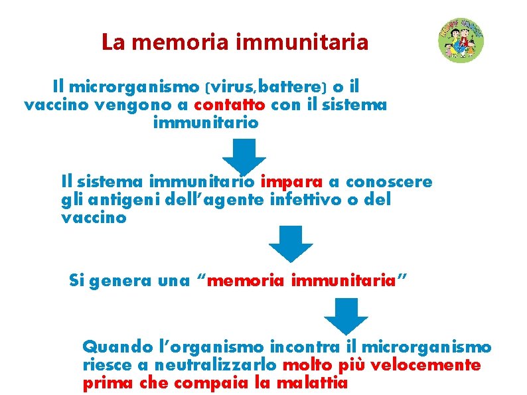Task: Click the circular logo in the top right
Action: coord(461,40)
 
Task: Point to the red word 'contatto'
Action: coord(230,105)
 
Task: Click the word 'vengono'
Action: coord(151,105)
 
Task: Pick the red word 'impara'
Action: coord(292,181)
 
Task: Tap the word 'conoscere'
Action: coord(389,181)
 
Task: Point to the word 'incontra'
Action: coord(305,347)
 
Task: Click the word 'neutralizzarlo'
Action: coord(221,365)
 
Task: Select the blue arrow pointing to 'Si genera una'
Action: coord(291,243)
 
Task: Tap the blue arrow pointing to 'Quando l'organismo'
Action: coord(345,316)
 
